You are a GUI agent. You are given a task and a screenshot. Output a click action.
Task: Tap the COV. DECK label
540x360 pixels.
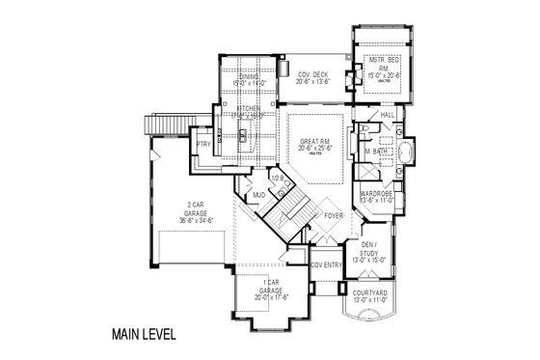[x=311, y=74]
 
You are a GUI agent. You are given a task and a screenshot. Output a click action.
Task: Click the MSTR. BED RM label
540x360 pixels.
[x=378, y=65]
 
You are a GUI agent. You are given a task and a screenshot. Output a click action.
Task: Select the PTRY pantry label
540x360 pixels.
[x=203, y=145]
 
